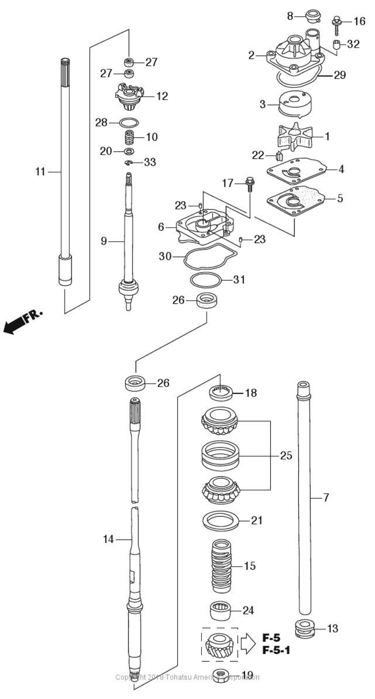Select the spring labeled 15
click(224, 566)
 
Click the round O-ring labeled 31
click(206, 280)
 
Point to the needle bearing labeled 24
click(221, 610)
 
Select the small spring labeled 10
click(130, 138)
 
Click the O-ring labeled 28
click(129, 123)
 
